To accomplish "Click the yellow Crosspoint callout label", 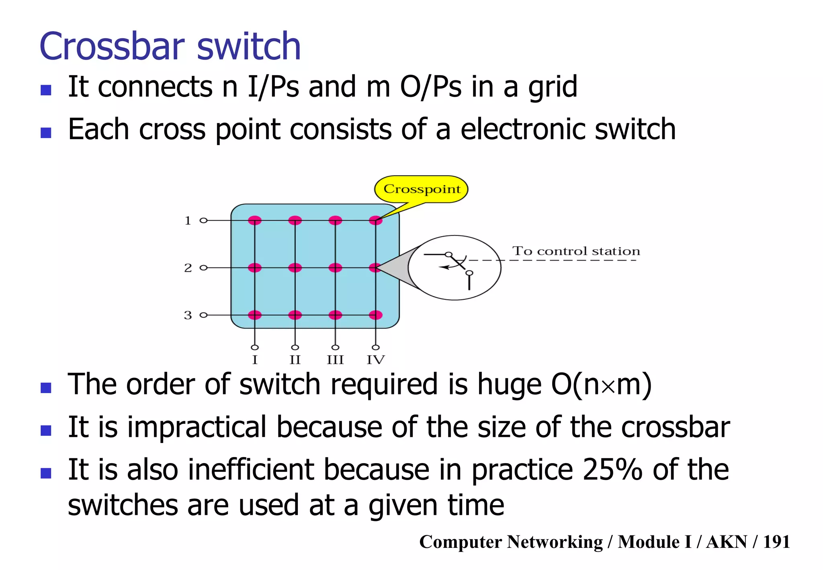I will pyautogui.click(x=421, y=189).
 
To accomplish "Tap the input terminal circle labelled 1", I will pyautogui.click(x=204, y=220).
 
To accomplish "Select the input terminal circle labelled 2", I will pyautogui.click(x=204, y=268).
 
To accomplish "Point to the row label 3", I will pyautogui.click(x=188, y=315).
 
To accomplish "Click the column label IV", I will pyautogui.click(x=375, y=360).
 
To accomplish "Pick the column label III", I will pyautogui.click(x=335, y=360).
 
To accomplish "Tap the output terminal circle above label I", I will pyautogui.click(x=255, y=347).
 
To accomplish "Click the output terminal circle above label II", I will pyautogui.click(x=295, y=347).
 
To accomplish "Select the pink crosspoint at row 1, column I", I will pyautogui.click(x=255, y=220).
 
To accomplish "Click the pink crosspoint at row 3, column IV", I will pyautogui.click(x=375, y=315).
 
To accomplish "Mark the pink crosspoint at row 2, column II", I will pyautogui.click(x=295, y=268).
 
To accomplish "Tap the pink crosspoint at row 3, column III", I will pyautogui.click(x=335, y=315).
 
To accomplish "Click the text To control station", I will pyautogui.click(x=576, y=251).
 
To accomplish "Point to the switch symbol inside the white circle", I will pyautogui.click(x=456, y=265).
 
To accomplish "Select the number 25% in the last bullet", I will pyautogui.click(x=612, y=470).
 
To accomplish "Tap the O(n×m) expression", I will pyautogui.click(x=601, y=385).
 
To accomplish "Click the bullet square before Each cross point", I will pyautogui.click(x=46, y=132).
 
